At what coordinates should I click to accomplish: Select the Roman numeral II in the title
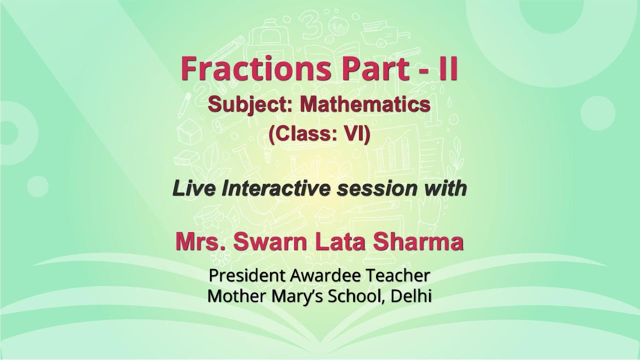(444, 69)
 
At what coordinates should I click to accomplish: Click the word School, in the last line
(358, 296)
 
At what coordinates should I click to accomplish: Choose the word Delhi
(412, 296)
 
